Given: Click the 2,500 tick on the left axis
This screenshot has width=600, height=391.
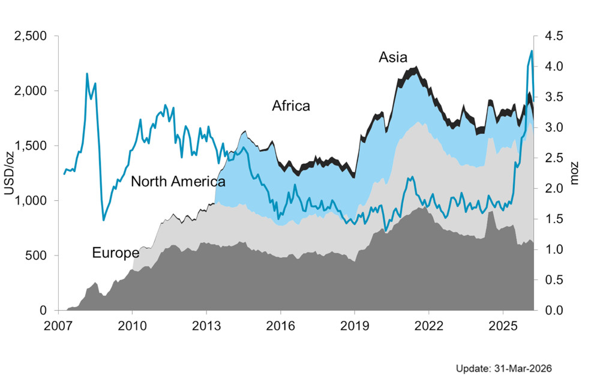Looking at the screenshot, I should [x=31, y=36].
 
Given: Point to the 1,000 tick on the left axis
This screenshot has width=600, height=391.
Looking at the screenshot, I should [x=31, y=200].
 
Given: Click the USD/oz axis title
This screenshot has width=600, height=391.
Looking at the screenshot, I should [x=9, y=173].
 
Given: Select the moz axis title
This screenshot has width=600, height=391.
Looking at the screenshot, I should [x=574, y=173].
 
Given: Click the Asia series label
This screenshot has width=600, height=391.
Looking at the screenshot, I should [x=393, y=58].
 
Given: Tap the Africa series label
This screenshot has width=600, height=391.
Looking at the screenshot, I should [x=291, y=106].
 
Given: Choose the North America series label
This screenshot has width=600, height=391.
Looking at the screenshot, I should [x=178, y=181].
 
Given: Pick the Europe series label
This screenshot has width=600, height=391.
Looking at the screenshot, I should [x=115, y=252].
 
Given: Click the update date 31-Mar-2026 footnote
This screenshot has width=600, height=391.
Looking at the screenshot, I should [x=503, y=368].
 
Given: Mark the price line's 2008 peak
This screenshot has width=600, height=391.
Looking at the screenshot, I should [x=87, y=74].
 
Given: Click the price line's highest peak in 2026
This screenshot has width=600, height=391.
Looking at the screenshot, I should [x=532, y=51].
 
